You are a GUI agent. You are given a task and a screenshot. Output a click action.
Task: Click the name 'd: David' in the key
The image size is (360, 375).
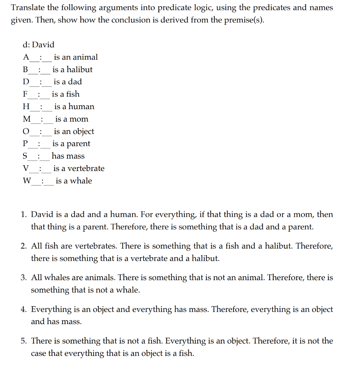point(38,45)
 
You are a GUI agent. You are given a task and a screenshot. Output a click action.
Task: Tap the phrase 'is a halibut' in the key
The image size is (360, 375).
point(72,70)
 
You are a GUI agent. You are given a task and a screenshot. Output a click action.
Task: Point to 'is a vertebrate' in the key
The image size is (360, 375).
point(79,168)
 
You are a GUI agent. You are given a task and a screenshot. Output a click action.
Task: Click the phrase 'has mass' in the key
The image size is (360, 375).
point(68,156)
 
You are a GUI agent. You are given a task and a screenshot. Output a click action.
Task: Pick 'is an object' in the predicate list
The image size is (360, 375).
point(74,131)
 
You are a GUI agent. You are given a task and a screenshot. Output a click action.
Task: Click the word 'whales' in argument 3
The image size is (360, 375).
point(57,278)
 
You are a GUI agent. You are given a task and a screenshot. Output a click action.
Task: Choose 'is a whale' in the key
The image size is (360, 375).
point(74,181)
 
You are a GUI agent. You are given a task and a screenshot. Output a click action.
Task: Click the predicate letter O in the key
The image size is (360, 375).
point(26,131)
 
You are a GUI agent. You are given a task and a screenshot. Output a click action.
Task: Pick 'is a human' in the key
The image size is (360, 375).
point(74,107)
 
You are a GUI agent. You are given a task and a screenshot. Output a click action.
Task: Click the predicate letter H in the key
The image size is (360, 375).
point(26,107)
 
